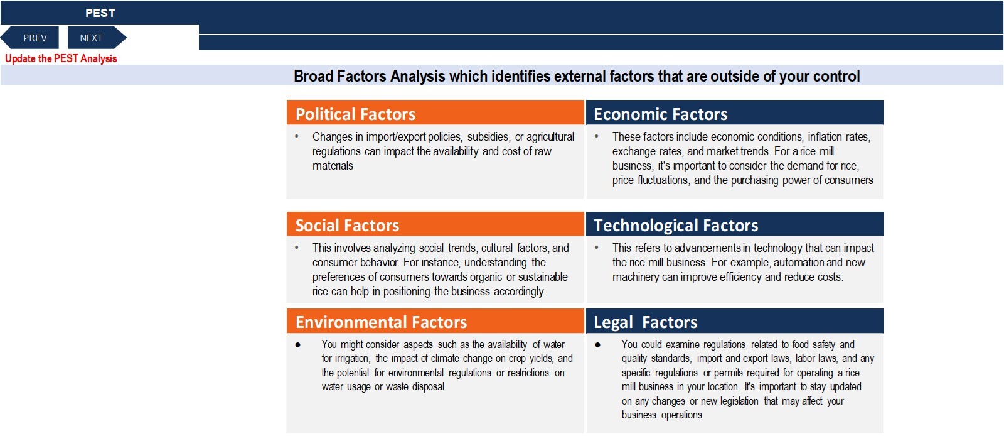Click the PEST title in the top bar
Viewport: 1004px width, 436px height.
(100, 13)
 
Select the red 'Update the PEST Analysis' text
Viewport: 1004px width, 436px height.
(61, 59)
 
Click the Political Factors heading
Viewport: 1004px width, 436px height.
(355, 114)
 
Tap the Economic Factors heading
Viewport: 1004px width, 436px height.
(660, 114)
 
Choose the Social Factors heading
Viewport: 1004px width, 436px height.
(347, 225)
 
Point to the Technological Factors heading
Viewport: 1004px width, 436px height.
(675, 225)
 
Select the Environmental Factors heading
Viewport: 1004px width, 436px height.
(381, 322)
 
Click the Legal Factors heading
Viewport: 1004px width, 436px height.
(645, 322)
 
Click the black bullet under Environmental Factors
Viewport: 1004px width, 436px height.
(298, 345)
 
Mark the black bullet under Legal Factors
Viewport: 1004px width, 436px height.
(598, 345)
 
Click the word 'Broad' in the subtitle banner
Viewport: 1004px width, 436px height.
(313, 76)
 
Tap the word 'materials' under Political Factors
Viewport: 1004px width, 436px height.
(333, 166)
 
